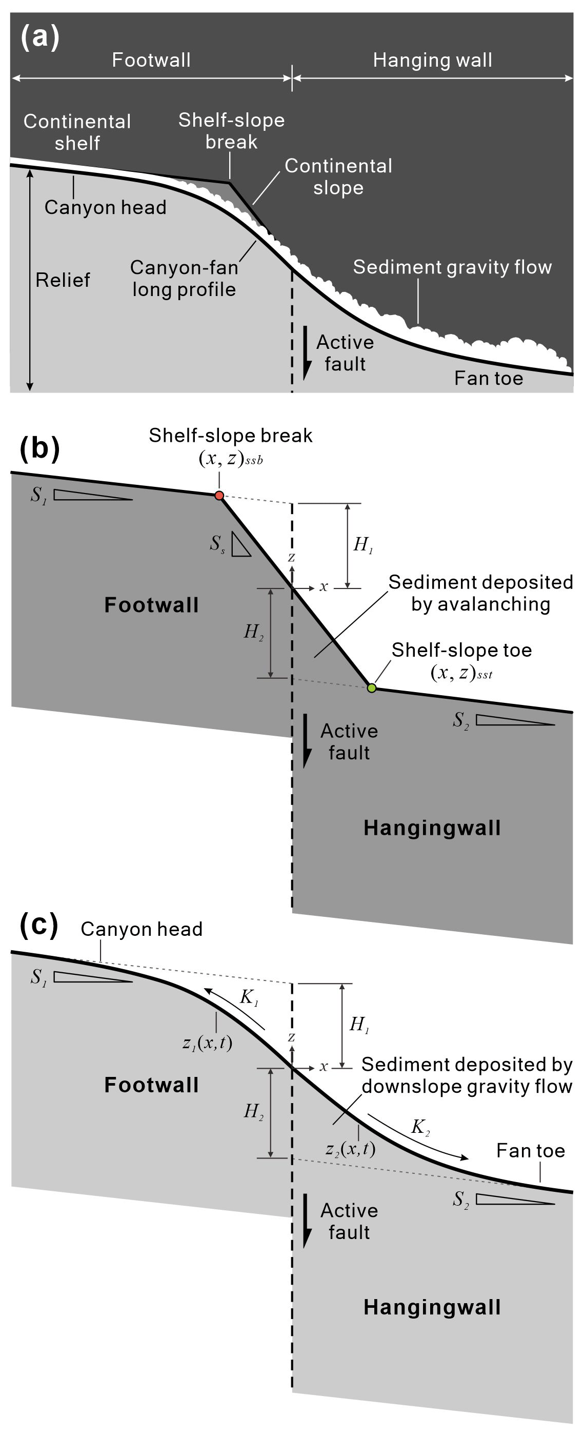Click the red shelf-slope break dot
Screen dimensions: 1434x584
pos(219,496)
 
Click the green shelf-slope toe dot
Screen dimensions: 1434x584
pos(372,688)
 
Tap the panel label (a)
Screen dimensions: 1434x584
pos(39,38)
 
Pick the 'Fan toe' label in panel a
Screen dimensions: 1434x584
pos(488,379)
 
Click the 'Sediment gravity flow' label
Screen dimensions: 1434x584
pos(452,267)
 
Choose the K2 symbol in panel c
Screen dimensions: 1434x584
pos(420,1127)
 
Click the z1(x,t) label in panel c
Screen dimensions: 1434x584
pos(208,1042)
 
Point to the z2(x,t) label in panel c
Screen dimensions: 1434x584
pos(350,1148)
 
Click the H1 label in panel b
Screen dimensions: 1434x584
pos(363,544)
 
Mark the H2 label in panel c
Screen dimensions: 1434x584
pos(254,1112)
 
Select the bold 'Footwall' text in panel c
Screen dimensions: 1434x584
pos(151,1085)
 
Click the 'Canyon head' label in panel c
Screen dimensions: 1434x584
pos(142,929)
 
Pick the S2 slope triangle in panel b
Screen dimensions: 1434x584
pos(514,720)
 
